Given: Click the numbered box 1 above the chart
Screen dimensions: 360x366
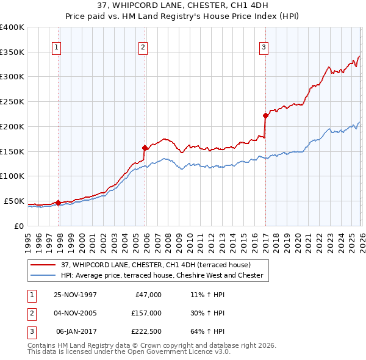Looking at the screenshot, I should [x=56, y=47].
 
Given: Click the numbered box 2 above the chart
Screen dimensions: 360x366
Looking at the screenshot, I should [x=143, y=47].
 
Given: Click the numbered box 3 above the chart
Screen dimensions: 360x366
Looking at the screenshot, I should [x=264, y=47].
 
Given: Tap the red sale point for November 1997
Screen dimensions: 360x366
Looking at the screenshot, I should [x=59, y=203].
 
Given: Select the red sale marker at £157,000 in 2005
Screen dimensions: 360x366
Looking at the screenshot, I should [x=145, y=147].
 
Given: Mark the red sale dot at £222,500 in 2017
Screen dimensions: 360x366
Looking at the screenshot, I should [x=265, y=115].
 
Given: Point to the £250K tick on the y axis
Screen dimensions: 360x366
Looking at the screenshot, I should [x=12, y=102].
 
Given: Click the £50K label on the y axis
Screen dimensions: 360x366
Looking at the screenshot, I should [x=14, y=201].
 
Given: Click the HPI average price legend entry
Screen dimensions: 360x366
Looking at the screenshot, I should [x=162, y=275].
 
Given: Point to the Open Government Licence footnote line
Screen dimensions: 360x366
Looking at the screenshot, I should [x=129, y=352].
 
